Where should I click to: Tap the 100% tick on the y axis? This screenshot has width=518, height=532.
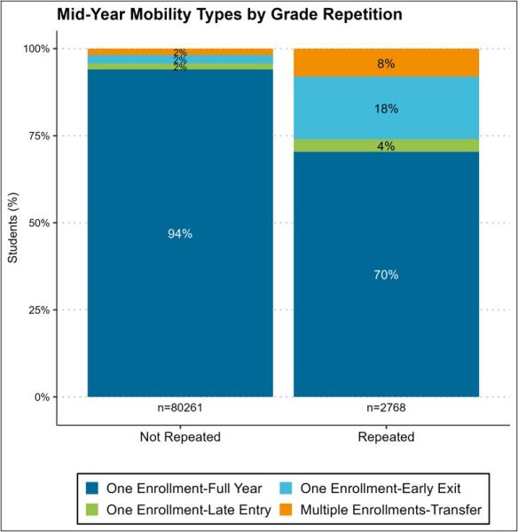[36, 49]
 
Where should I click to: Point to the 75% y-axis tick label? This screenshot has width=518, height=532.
[39, 136]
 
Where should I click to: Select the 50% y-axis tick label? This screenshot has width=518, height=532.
[39, 223]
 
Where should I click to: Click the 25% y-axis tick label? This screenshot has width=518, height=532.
[39, 309]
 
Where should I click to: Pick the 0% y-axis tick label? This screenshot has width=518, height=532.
[42, 397]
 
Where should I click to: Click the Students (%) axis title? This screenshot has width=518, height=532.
[13, 228]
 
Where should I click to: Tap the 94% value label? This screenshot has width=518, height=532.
[180, 233]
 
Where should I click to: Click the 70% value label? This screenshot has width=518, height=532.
[386, 275]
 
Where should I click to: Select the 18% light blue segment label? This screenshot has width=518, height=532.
[386, 108]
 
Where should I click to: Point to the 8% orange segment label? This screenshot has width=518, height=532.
[386, 64]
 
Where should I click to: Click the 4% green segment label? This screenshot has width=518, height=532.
[386, 146]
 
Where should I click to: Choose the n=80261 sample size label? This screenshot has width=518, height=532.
[180, 408]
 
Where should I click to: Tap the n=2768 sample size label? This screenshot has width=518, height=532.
[386, 408]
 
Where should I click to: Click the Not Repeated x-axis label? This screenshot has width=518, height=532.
[180, 436]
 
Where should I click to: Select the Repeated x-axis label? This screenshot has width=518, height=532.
[386, 436]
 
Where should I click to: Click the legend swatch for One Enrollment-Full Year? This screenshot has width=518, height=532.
[92, 489]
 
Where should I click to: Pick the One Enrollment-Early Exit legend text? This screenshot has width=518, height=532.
[381, 489]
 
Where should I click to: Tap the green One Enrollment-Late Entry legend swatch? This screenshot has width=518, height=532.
[92, 510]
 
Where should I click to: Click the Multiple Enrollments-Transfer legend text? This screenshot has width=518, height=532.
[390, 510]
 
